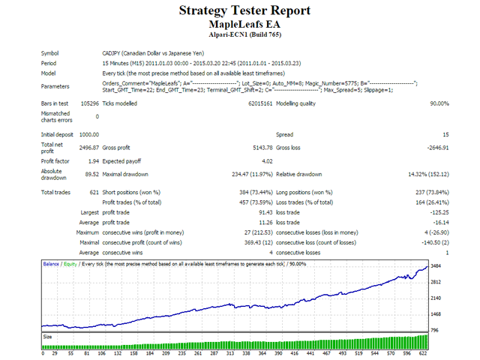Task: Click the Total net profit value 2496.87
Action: pyautogui.click(x=87, y=148)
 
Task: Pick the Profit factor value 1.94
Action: pyautogui.click(x=91, y=162)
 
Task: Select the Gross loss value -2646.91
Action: pyautogui.click(x=434, y=148)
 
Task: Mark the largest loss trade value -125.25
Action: pyautogui.click(x=436, y=214)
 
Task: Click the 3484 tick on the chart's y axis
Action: pyautogui.click(x=435, y=267)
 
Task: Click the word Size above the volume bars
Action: pyautogui.click(x=48, y=337)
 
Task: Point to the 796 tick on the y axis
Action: pyautogui.click(x=433, y=330)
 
